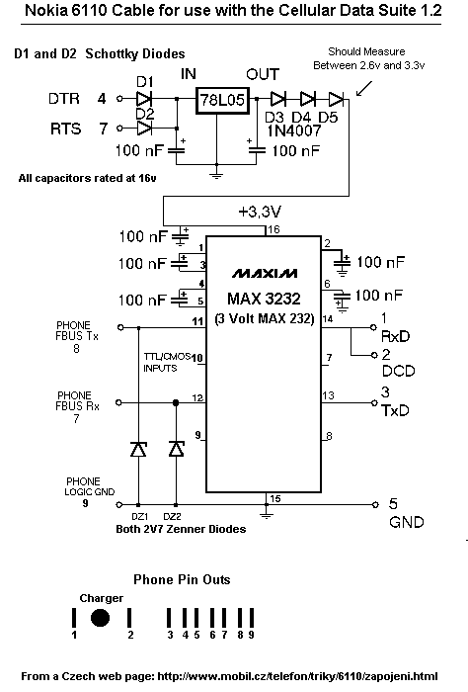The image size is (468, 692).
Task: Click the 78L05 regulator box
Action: [x=222, y=100]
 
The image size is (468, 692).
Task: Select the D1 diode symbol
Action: [x=144, y=99]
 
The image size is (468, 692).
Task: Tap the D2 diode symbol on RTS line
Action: [x=144, y=129]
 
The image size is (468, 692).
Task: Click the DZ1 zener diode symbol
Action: [x=138, y=449]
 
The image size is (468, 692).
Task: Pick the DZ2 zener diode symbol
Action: [x=177, y=449]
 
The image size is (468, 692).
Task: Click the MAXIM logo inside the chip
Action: [x=265, y=274]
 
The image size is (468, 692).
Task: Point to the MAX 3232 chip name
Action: [x=264, y=299]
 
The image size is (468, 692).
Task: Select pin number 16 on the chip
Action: [x=273, y=229]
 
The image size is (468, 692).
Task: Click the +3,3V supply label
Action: [x=260, y=213]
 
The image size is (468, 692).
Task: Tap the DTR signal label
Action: [x=64, y=99]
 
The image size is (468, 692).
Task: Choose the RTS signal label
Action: [x=66, y=129]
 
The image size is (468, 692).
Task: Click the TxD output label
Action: [x=395, y=411]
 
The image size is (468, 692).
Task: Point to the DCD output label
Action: [x=398, y=371]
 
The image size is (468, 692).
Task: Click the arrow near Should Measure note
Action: [x=364, y=88]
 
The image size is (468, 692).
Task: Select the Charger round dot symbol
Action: [x=100, y=618]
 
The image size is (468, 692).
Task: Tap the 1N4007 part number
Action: [x=294, y=130]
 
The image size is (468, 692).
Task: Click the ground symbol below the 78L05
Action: [x=216, y=175]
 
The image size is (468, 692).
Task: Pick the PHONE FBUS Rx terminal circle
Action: [x=118, y=402]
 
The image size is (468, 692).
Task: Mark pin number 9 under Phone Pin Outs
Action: [x=251, y=635]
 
